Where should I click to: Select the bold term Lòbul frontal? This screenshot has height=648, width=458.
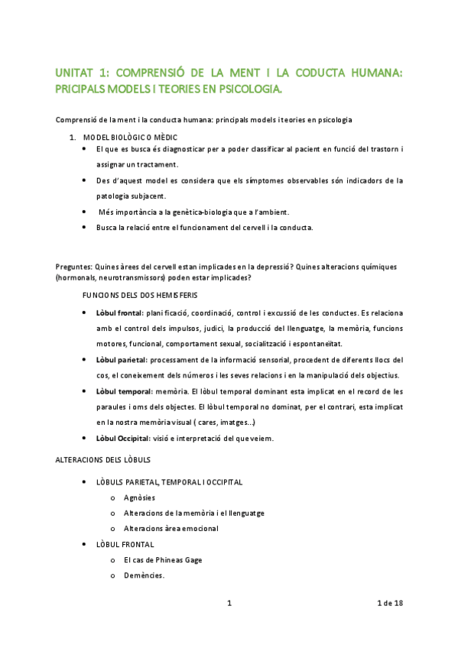(x=119, y=313)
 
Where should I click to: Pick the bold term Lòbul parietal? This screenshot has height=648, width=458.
(x=120, y=359)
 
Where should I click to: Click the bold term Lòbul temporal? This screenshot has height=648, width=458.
(x=122, y=390)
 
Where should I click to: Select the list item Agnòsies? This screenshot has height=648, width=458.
(x=140, y=497)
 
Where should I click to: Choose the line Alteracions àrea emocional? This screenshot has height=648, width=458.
(x=171, y=528)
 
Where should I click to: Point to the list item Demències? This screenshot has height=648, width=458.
(x=144, y=575)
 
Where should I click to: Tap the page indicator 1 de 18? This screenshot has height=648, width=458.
(x=390, y=604)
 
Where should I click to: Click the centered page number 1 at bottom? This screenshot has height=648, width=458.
(x=229, y=604)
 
